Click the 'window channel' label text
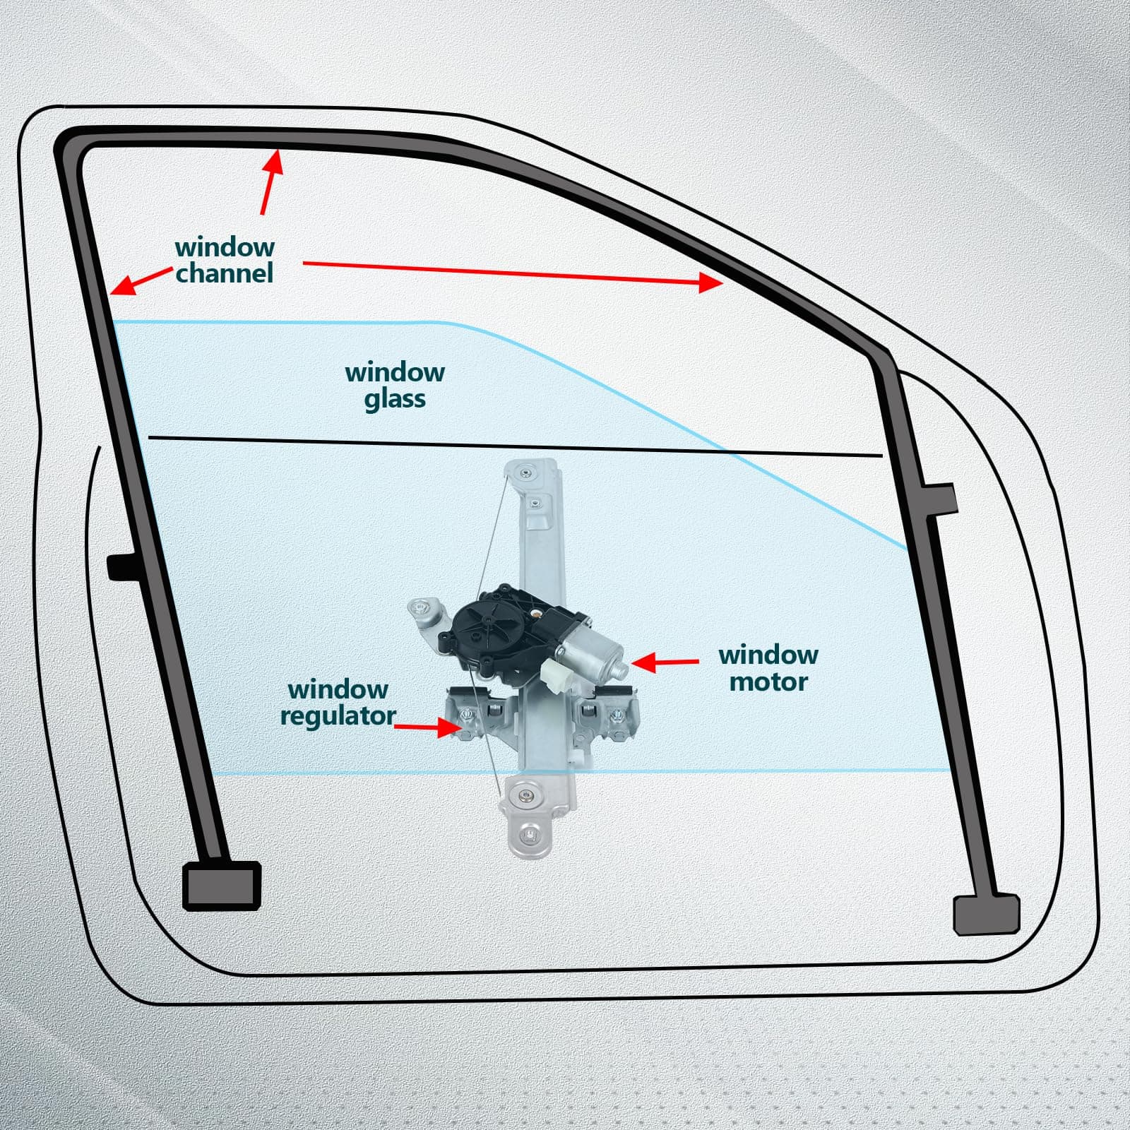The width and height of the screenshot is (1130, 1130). pyautogui.click(x=225, y=261)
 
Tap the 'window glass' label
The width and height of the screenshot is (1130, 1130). pyautogui.click(x=395, y=386)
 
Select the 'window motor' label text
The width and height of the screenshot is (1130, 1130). pyautogui.click(x=768, y=668)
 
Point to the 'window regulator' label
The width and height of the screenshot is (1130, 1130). pyautogui.click(x=338, y=702)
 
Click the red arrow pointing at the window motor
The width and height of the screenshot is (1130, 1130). pyautogui.click(x=664, y=662)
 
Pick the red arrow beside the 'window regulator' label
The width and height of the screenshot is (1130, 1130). pyautogui.click(x=428, y=727)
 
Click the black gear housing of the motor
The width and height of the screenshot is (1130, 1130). pyautogui.click(x=487, y=621)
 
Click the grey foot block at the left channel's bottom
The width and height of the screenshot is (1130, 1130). pyautogui.click(x=222, y=885)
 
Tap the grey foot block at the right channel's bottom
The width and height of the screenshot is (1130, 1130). pyautogui.click(x=986, y=915)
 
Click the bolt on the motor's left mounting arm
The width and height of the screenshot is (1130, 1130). pyautogui.click(x=422, y=606)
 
